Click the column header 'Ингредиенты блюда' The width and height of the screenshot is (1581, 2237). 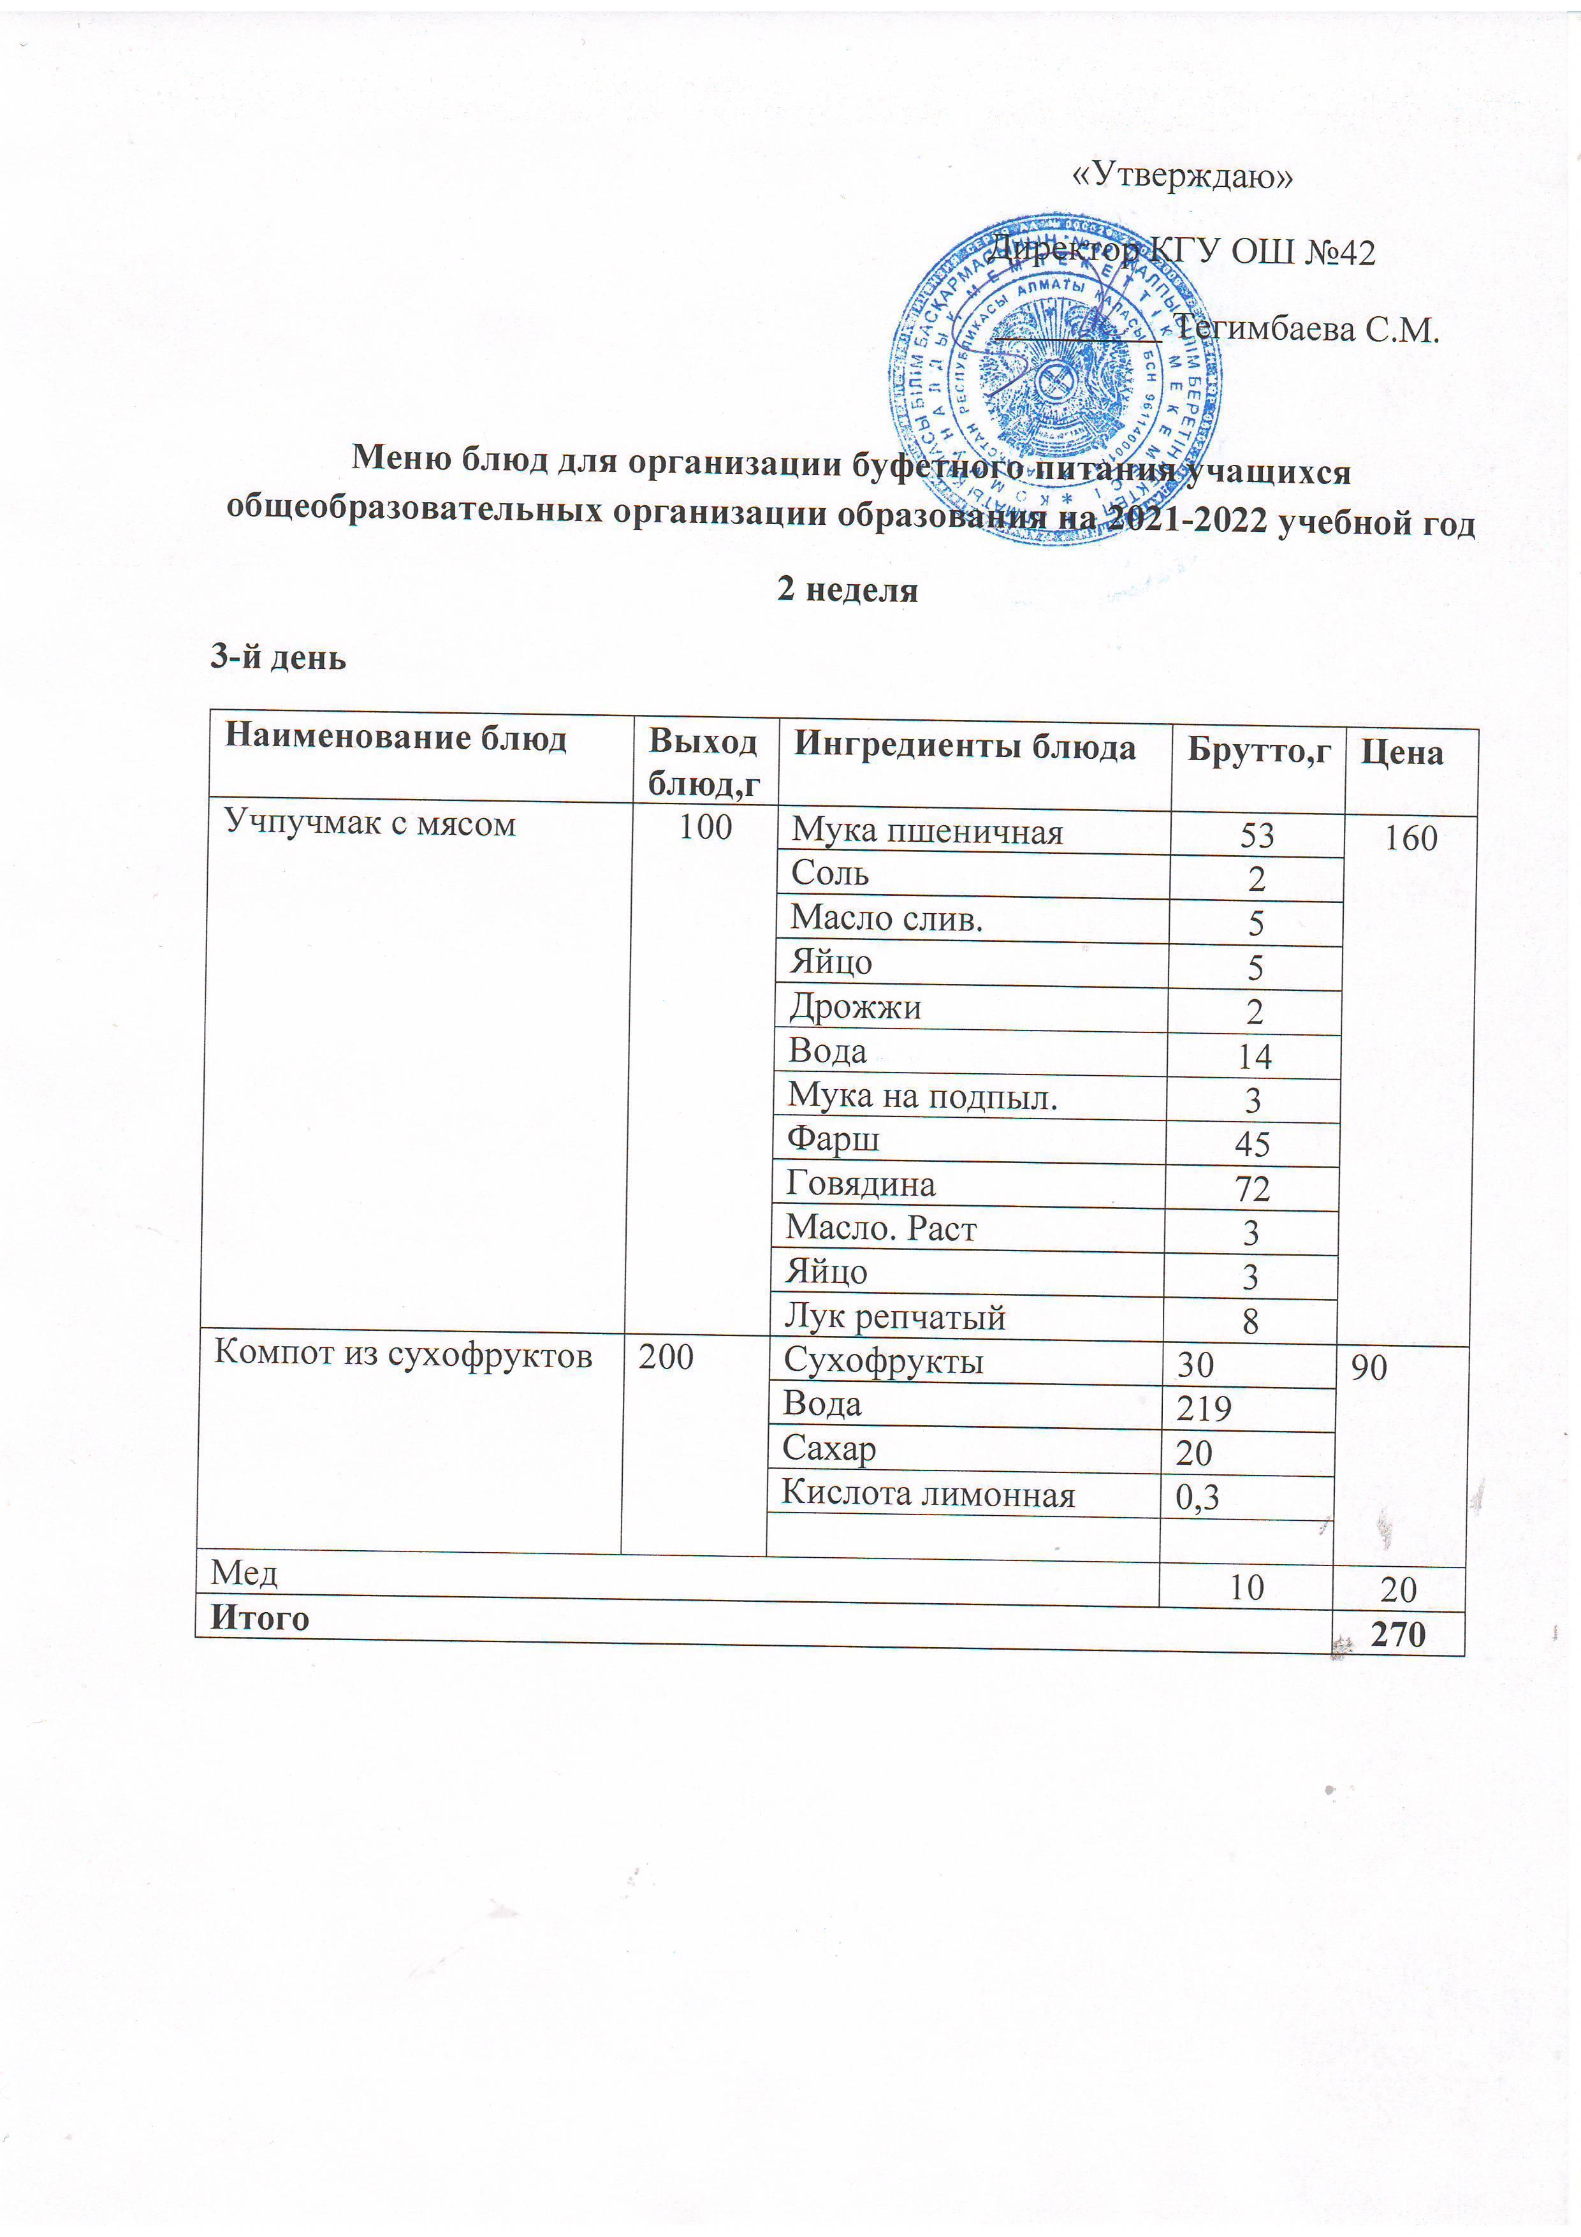(x=965, y=747)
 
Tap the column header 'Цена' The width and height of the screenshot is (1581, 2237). (x=1402, y=753)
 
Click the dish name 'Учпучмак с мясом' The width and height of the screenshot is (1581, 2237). (x=370, y=825)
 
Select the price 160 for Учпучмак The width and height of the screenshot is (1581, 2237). (x=1411, y=838)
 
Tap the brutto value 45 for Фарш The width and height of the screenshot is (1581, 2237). (x=1253, y=1144)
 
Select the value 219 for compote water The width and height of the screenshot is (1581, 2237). (x=1204, y=1409)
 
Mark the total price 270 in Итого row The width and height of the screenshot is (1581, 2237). (x=1398, y=1634)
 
